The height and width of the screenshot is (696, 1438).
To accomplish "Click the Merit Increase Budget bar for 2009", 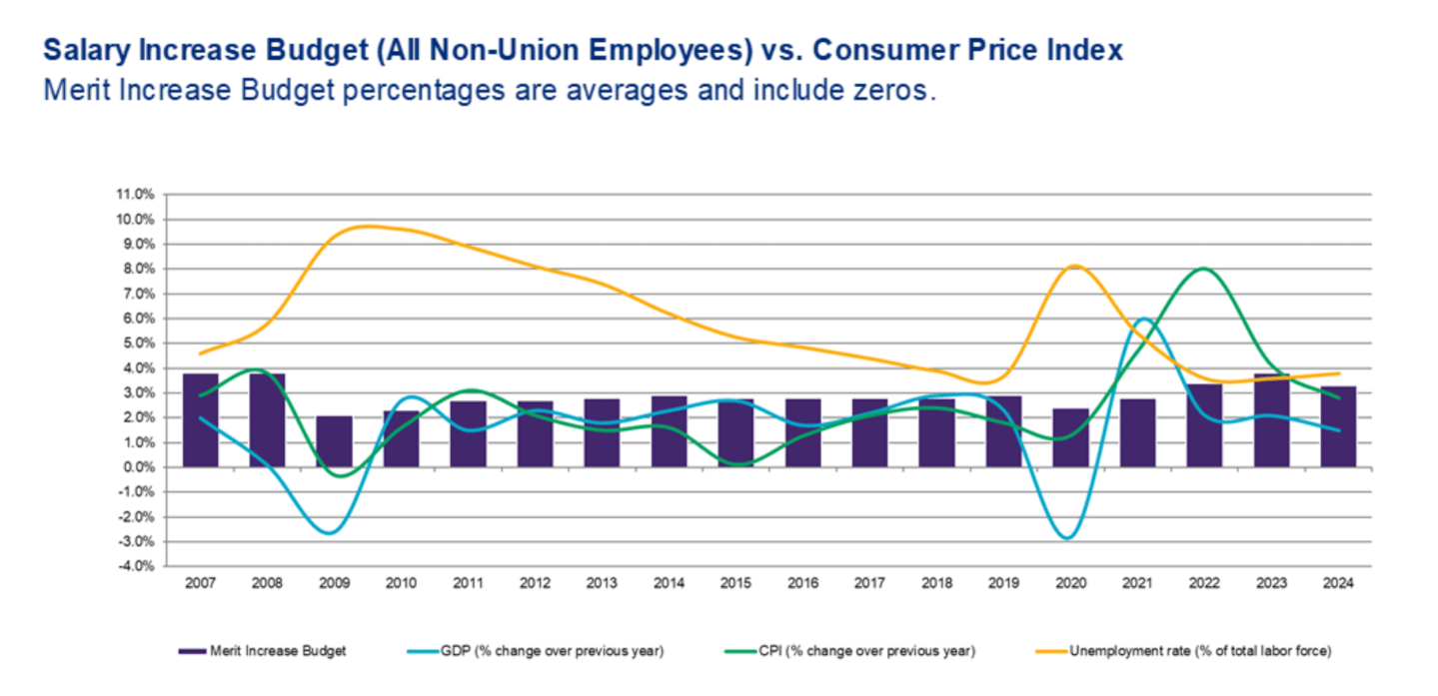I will click(x=334, y=441).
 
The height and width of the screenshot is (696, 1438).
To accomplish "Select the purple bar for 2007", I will click(x=200, y=420).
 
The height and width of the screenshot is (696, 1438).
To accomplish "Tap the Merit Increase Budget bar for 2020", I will click(x=1070, y=437).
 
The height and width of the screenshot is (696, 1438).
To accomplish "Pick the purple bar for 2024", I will click(x=1338, y=426).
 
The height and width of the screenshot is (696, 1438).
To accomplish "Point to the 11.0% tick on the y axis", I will click(x=136, y=194).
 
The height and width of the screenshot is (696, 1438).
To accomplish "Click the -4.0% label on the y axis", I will click(x=136, y=566).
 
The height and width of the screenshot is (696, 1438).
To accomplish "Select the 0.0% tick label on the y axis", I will click(x=137, y=467).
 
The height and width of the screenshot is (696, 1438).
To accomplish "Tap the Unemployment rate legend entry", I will click(x=1199, y=651).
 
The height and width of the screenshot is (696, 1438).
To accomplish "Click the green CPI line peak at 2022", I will click(x=1204, y=269).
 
